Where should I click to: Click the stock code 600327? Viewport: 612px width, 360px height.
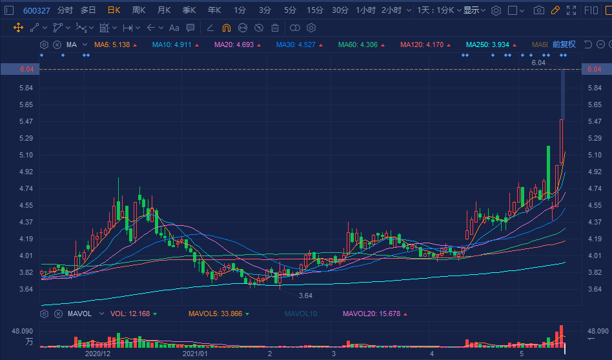point(37,10)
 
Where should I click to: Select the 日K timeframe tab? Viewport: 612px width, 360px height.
point(114,10)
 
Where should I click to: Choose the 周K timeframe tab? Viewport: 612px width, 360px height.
point(139,10)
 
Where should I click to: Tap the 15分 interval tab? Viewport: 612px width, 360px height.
point(315,10)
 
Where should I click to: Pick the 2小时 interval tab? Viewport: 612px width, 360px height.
point(391,10)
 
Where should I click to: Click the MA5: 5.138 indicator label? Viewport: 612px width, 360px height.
point(112,45)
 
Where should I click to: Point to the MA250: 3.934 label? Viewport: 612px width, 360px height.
point(487,45)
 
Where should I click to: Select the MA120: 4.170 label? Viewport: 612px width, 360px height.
point(422,45)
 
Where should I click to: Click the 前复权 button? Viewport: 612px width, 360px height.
point(564,45)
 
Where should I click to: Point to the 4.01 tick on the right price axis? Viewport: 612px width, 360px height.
point(595,255)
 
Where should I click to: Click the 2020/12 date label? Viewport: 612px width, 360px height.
point(98,354)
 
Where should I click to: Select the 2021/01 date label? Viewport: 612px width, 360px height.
point(195,354)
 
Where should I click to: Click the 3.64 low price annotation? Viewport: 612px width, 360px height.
point(305,295)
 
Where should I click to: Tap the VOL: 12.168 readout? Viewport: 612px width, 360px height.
point(130,314)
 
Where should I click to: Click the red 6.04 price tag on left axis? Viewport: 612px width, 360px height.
point(14,69)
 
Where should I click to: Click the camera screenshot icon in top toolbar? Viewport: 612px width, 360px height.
point(538,10)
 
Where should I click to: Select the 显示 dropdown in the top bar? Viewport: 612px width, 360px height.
point(474,10)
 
